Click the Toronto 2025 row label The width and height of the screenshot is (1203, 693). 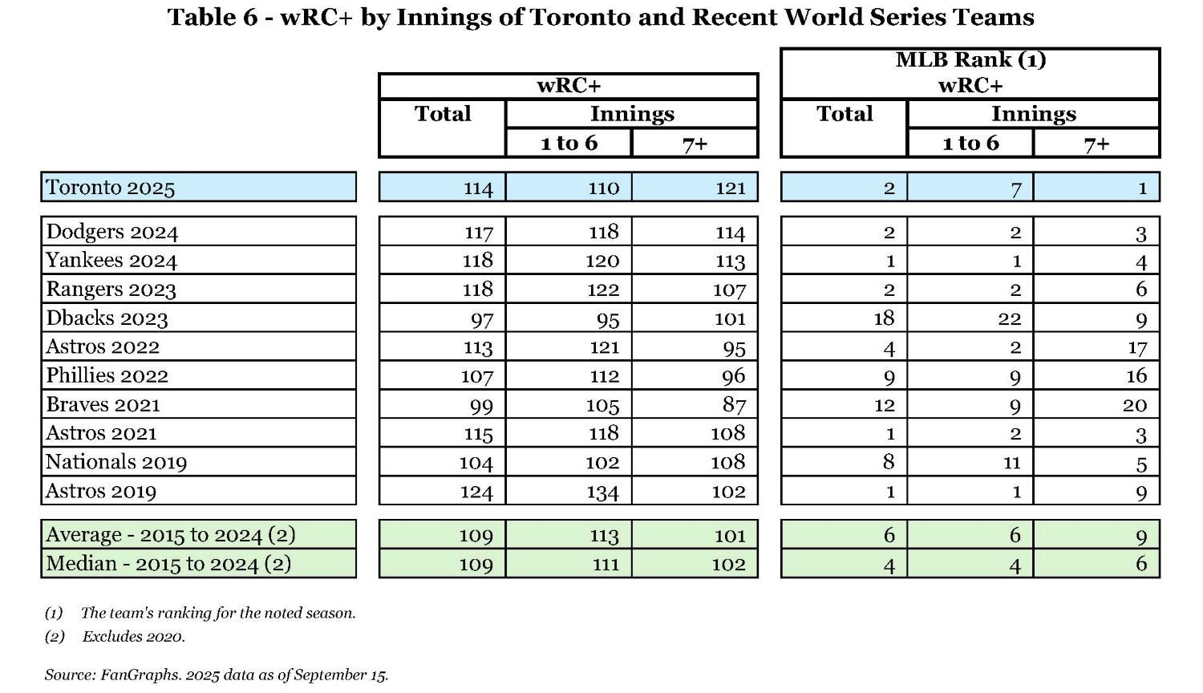pos(110,188)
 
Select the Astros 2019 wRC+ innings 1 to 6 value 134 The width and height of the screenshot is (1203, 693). pos(602,492)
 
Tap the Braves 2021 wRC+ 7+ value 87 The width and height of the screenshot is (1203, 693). pos(733,405)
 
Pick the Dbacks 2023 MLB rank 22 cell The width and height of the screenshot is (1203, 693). pos(1009,318)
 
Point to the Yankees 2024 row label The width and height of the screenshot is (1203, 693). pos(111,261)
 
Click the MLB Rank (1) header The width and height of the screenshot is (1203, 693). pos(970,60)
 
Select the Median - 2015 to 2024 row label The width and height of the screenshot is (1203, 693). pos(168,564)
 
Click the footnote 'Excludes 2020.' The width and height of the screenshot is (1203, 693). pos(133,637)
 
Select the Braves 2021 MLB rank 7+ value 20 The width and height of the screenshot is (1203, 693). pos(1134,405)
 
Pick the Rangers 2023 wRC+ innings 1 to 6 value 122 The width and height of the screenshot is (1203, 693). pos(602,290)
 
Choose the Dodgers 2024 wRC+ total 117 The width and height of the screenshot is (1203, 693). pos(478,233)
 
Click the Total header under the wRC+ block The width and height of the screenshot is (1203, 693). pos(443,114)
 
